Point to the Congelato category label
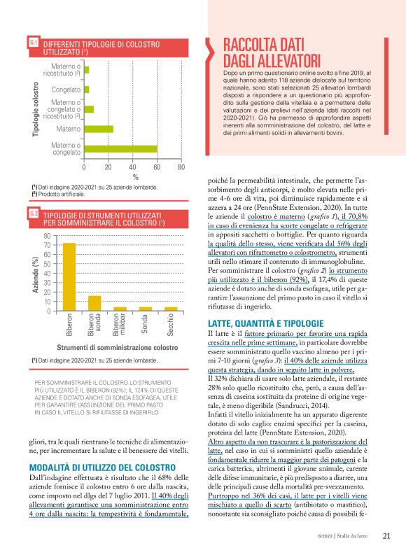click(66, 90)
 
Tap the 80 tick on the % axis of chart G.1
click(181, 167)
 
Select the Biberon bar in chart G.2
click(69, 276)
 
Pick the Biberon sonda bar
click(94, 302)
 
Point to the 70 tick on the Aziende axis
click(47, 245)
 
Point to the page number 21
click(386, 537)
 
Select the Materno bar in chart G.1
click(99, 128)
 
